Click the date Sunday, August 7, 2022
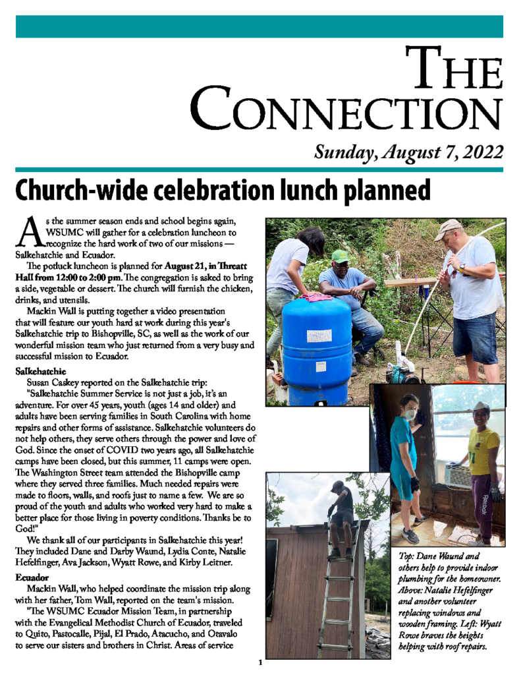coord(409,152)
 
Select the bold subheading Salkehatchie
coord(41,372)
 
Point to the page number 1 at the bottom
coord(260,662)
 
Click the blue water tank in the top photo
coord(315,349)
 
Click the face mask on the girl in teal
coord(410,415)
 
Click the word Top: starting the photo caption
coord(408,556)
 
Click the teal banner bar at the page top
coord(260,26)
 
